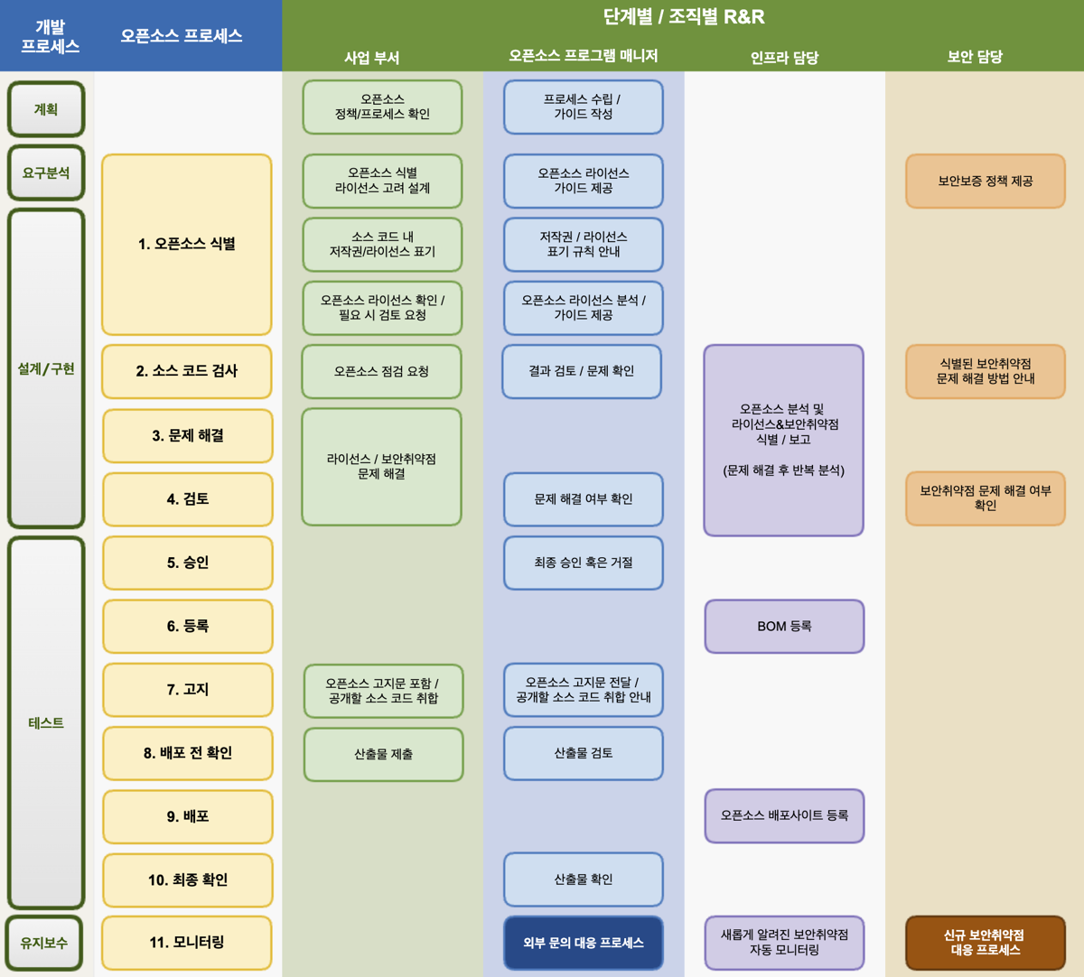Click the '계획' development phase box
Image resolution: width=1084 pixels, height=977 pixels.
pyautogui.click(x=46, y=109)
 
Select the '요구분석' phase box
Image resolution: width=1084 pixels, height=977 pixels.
pyautogui.click(x=46, y=173)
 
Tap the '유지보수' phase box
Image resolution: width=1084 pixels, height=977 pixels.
pyautogui.click(x=44, y=943)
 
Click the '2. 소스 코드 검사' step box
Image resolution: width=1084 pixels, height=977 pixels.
pyautogui.click(x=186, y=371)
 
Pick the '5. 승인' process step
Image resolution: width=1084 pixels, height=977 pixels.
pyautogui.click(x=188, y=563)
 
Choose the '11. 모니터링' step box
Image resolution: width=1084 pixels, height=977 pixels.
pyautogui.click(x=186, y=943)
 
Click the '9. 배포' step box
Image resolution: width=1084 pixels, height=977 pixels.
pyautogui.click(x=188, y=816)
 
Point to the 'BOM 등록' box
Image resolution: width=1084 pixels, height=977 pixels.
pyautogui.click(x=784, y=627)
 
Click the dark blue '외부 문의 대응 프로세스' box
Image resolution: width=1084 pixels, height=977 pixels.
pyautogui.click(x=583, y=943)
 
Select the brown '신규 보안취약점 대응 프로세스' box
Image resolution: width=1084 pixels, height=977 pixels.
pyautogui.click(x=986, y=943)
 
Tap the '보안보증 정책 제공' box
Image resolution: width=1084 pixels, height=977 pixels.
pyautogui.click(x=986, y=181)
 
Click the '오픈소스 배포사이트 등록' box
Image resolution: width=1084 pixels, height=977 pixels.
pyautogui.click(x=784, y=815)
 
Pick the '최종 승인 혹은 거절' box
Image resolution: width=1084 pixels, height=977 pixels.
pyautogui.click(x=583, y=563)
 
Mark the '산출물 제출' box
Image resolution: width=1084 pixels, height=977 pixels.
pyautogui.click(x=383, y=754)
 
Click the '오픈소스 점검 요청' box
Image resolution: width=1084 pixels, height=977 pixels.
pyautogui.click(x=381, y=371)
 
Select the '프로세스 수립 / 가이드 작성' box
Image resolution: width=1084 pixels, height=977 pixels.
pyautogui.click(x=583, y=107)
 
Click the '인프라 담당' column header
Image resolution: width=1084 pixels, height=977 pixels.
pyautogui.click(x=784, y=57)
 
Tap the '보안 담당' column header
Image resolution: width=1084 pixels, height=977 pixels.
pyautogui.click(x=975, y=57)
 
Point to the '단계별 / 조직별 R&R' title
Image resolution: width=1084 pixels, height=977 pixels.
pyautogui.click(x=684, y=17)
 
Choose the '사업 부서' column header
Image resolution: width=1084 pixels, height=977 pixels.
pyautogui.click(x=372, y=58)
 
